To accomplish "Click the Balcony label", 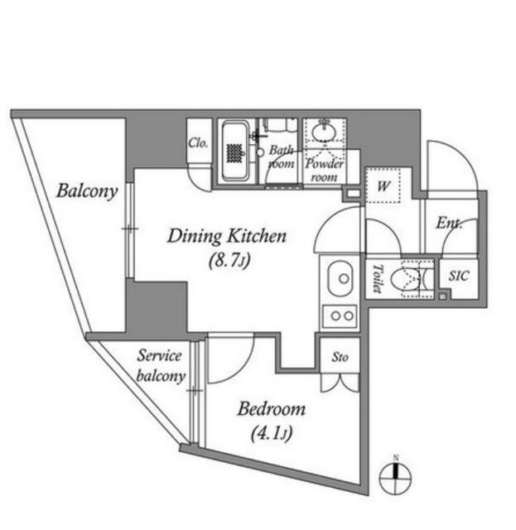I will coord(87,191).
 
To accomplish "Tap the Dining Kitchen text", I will coord(226,237).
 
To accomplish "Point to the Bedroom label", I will coord(272,409).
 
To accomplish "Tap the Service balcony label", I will coord(160,365).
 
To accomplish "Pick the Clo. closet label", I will coord(198,142).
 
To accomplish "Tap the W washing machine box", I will coord(383,185).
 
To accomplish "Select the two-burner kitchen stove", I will coord(340,316).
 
